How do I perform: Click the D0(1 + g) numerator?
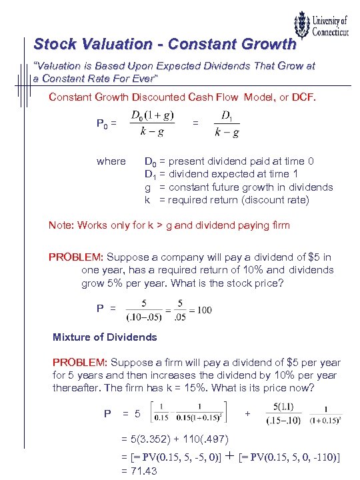(x=153, y=115)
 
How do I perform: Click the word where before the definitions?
(x=111, y=161)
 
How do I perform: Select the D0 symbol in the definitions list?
(x=151, y=162)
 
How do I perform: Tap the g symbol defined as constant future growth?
(x=148, y=187)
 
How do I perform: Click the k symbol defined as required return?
(x=148, y=200)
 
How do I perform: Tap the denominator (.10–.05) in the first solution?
(x=143, y=316)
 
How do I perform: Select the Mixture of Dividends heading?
(x=105, y=337)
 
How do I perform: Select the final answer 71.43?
(x=143, y=471)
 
